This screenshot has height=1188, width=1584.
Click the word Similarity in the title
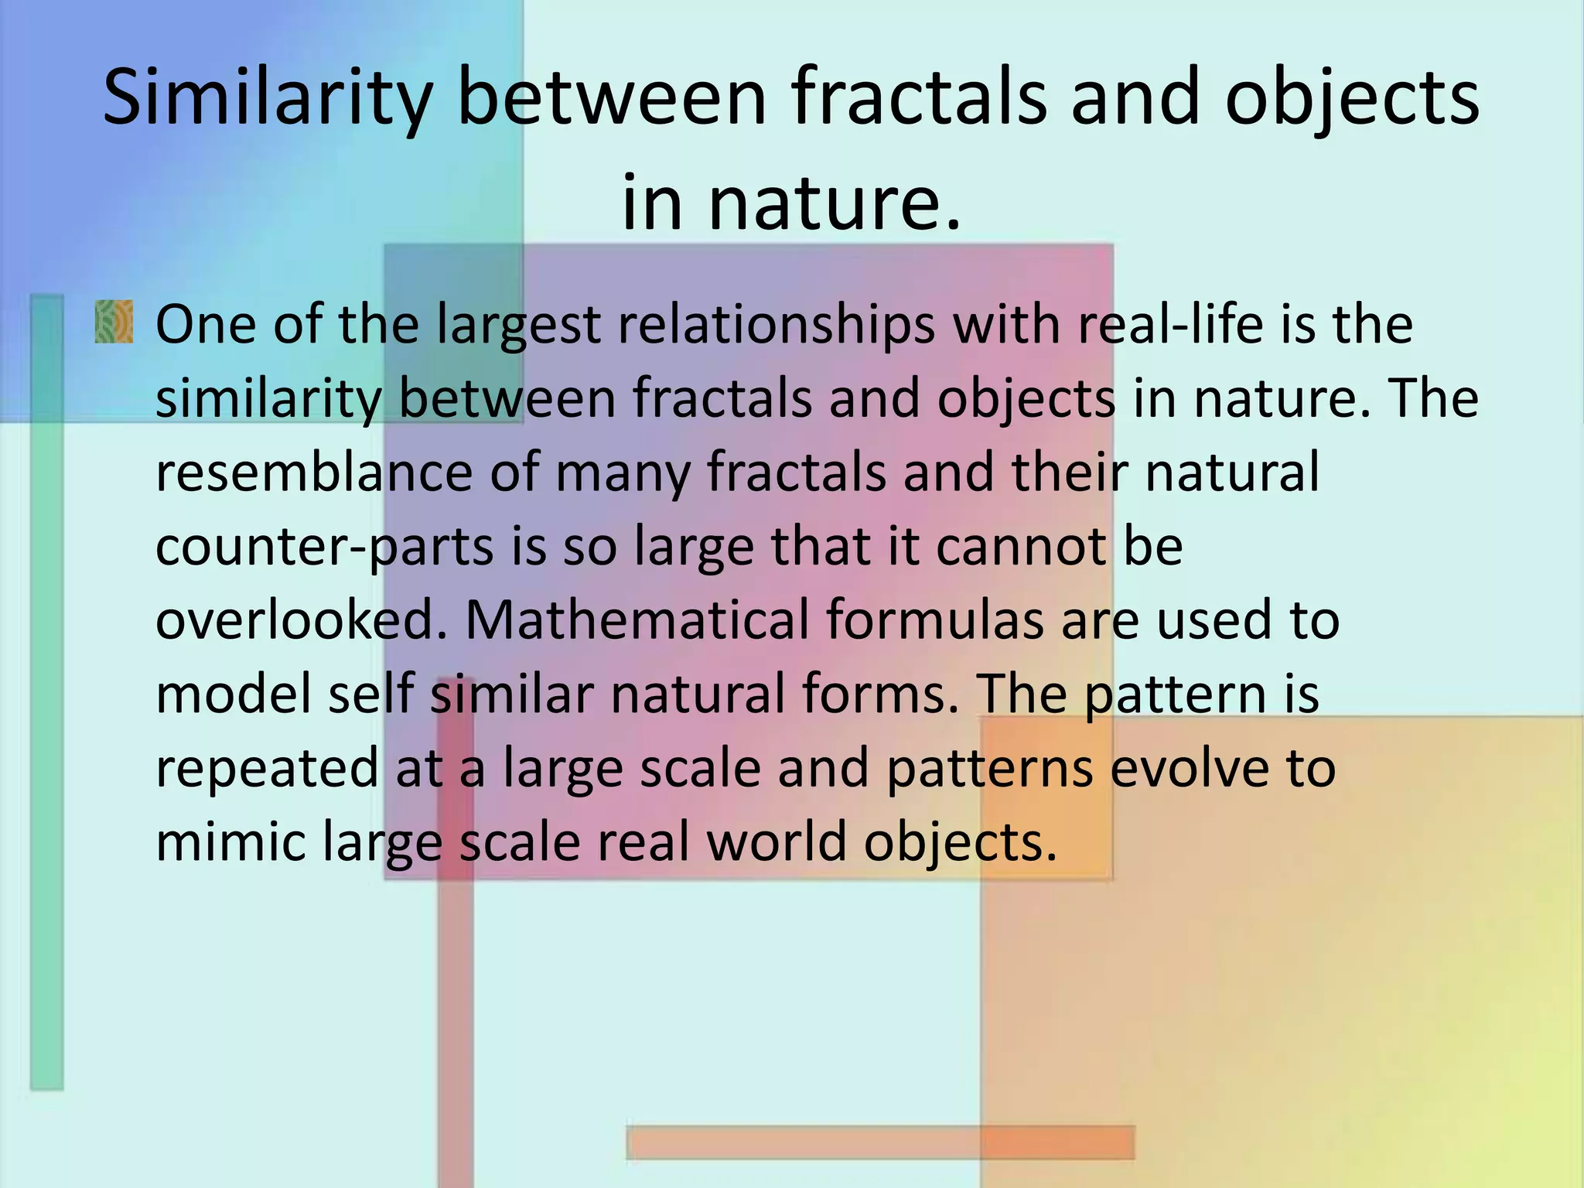coord(266,98)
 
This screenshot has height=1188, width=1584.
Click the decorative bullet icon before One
coord(114,323)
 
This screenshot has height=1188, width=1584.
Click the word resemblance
coord(313,472)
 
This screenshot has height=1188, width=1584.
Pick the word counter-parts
coord(324,547)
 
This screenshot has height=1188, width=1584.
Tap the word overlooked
coord(302,620)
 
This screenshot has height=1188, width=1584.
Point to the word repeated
coord(268,768)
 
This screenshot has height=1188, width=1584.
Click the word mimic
coord(230,841)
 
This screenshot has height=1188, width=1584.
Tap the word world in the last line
coord(777,841)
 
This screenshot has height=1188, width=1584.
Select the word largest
coord(518,325)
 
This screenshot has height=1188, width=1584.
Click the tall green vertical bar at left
coord(46,696)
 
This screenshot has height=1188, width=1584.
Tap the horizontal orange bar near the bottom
coord(880,1142)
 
